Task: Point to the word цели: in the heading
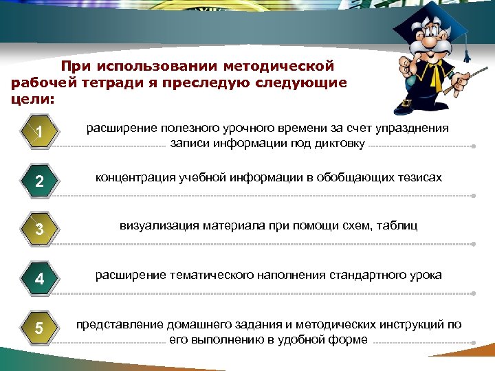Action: (x=33, y=100)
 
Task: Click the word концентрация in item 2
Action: (x=131, y=178)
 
